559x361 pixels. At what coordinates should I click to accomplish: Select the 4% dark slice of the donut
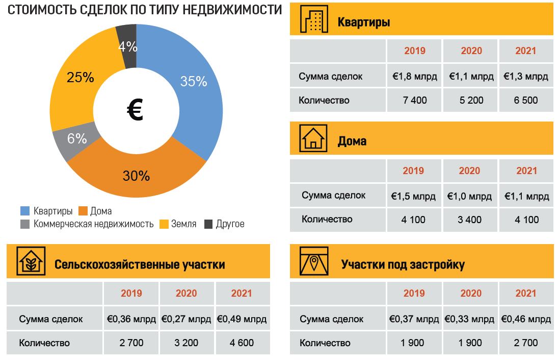(127, 46)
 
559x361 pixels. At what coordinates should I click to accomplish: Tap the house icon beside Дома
(313, 138)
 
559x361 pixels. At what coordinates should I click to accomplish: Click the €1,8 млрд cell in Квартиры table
(414, 77)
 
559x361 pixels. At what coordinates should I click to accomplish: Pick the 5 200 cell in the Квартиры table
(471, 100)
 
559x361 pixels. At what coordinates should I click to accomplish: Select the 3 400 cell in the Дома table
(469, 220)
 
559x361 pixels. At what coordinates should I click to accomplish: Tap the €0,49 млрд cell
(242, 319)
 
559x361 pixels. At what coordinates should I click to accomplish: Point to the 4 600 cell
(242, 343)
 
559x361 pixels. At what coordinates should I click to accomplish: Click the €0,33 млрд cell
(469, 319)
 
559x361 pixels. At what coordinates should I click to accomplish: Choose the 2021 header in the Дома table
(526, 171)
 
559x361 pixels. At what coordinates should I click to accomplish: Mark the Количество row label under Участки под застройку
(325, 343)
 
